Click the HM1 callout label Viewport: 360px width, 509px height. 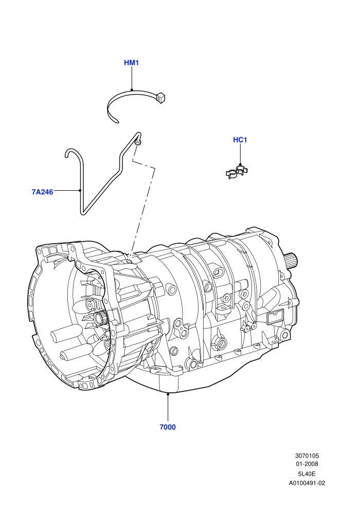coord(131,63)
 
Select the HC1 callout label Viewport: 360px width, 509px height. coord(240,140)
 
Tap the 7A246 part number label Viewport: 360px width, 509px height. coord(42,192)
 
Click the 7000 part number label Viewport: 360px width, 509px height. coord(168,427)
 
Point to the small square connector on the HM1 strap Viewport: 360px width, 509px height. coord(161,97)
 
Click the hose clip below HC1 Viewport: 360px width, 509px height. coord(237,172)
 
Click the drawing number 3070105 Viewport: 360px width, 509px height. coord(307,456)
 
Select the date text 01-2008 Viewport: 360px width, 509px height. coord(307,464)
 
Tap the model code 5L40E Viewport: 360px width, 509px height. coord(307,474)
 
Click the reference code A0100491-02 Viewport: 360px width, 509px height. coord(307,483)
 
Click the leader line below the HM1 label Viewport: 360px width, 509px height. coord(132,78)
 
